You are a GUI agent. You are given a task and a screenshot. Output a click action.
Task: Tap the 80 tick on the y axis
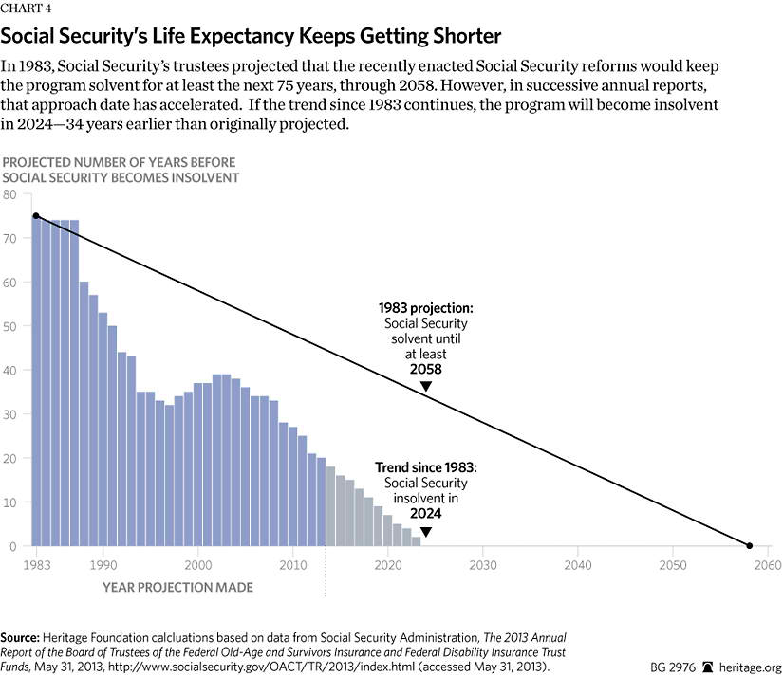(11, 194)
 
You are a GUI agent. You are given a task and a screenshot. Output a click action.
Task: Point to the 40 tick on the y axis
(11, 371)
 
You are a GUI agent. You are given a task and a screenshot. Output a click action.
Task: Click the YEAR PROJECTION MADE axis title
(177, 588)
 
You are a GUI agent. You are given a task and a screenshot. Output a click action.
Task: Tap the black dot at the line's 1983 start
(36, 216)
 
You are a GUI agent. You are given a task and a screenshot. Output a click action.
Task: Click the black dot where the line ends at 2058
(749, 546)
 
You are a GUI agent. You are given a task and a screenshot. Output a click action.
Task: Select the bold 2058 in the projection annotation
(425, 369)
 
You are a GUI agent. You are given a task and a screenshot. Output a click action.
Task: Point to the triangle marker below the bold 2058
(426, 386)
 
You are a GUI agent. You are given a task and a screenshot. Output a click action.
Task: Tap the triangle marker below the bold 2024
(425, 531)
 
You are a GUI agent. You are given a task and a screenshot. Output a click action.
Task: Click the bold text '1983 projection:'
(425, 308)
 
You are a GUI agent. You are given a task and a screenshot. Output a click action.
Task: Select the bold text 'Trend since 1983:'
(425, 467)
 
